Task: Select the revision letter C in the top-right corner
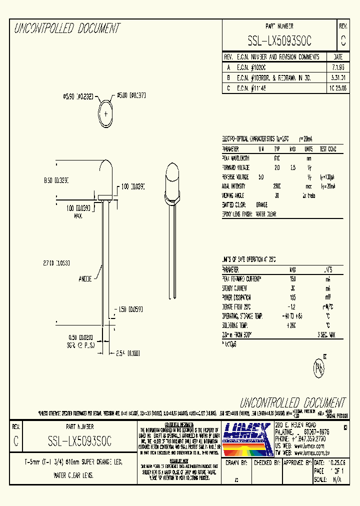click(x=342, y=40)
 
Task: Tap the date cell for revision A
click(x=337, y=67)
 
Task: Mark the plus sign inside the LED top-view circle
click(x=106, y=113)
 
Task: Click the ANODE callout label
click(x=84, y=279)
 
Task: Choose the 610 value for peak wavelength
click(x=277, y=158)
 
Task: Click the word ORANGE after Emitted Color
click(x=261, y=205)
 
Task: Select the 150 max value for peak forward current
click(x=293, y=279)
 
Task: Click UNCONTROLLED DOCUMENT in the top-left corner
click(x=66, y=29)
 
